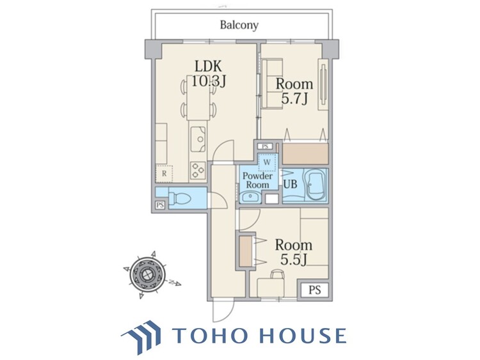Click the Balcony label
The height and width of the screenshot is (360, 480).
point(239,25)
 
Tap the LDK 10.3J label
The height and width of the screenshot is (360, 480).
point(209,74)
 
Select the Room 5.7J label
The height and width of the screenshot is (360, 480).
point(294,91)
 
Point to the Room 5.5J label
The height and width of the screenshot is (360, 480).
point(294,253)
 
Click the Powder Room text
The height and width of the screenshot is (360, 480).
point(257,180)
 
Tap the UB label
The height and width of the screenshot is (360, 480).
point(290,184)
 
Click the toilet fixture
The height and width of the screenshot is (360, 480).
point(180,198)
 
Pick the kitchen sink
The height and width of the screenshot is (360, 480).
point(198,139)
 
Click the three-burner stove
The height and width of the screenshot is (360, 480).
point(198,170)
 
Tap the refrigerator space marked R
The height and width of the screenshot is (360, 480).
point(164,174)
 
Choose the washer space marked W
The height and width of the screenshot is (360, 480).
point(267,162)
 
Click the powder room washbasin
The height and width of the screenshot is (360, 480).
point(251,197)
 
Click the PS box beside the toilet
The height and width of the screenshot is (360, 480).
point(160,205)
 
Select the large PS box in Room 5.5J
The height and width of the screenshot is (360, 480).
point(314,290)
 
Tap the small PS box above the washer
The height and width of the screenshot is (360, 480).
point(265,146)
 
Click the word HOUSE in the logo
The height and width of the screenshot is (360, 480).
point(303,335)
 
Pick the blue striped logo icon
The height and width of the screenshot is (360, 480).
point(141,336)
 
